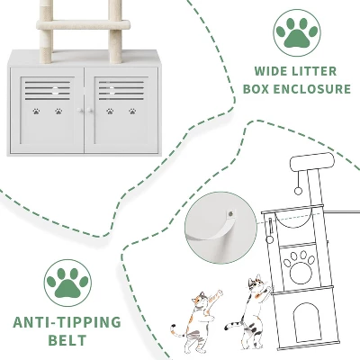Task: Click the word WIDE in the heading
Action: (x=270, y=71)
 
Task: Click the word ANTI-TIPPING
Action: (x=67, y=322)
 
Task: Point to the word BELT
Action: (x=67, y=340)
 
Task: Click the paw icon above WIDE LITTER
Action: (x=297, y=32)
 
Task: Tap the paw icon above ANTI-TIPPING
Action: (x=67, y=283)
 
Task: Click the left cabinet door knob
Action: (x=80, y=111)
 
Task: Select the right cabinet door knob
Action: (x=90, y=111)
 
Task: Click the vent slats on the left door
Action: (x=48, y=90)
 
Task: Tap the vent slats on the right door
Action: (x=121, y=90)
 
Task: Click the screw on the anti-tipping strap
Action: (x=230, y=214)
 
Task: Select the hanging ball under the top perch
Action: (x=298, y=191)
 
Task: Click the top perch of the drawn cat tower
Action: (x=312, y=162)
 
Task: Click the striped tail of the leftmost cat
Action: (x=177, y=330)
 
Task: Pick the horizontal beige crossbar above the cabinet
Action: (x=84, y=24)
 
